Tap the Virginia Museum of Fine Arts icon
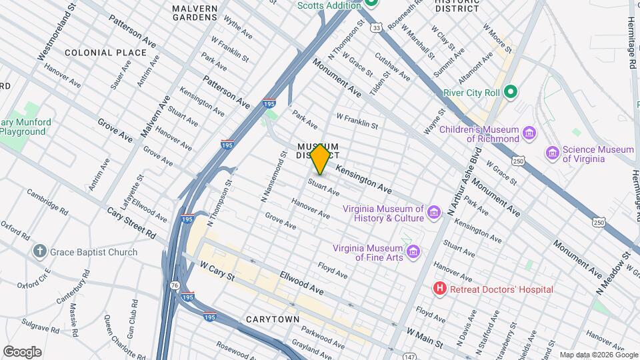point(413,251)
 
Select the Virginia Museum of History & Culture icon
point(434,212)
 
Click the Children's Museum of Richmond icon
point(529,134)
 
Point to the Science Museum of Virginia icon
point(552,153)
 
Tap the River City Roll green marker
point(511,92)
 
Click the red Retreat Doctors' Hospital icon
point(439,289)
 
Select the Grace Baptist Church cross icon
point(40,252)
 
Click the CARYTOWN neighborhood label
point(273,319)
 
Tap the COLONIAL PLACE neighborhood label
point(105,52)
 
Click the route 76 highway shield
point(174,285)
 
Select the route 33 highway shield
point(377,27)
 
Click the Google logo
point(22,351)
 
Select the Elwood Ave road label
point(301,282)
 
